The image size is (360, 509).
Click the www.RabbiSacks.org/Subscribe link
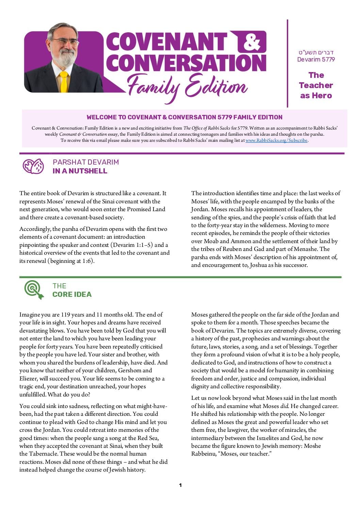(276, 140)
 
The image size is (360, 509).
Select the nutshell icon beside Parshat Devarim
(33, 166)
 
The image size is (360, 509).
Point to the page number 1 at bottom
(180, 485)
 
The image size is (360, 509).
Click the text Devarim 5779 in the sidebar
(316, 60)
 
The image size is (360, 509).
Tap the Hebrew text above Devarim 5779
(316, 52)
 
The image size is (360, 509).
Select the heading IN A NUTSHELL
(80, 171)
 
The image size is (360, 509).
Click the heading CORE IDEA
(72, 294)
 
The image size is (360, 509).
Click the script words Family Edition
(187, 85)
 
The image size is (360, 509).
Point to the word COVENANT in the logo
(167, 43)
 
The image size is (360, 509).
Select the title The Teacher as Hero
(316, 85)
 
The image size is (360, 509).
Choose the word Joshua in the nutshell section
(259, 265)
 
